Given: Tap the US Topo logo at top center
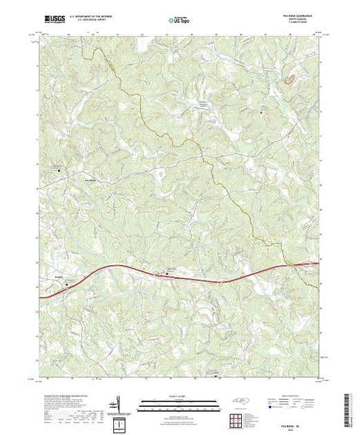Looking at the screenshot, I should click(179, 19).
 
